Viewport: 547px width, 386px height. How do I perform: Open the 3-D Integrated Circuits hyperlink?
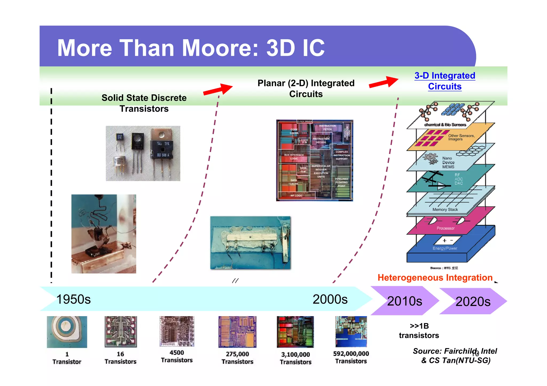pos(445,81)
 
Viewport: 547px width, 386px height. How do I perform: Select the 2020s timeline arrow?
pos(473,301)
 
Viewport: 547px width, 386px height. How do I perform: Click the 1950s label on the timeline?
pos(73,299)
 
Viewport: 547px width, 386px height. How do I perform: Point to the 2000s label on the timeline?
pos(330,299)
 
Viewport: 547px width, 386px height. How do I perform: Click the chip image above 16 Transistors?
pos(121,332)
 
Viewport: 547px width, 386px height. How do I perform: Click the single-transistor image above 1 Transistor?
pos(67,332)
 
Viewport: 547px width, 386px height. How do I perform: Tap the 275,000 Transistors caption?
pos(237,358)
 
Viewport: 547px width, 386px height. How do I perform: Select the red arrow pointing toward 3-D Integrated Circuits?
pos(384,82)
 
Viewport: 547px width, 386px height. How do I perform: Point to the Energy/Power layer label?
pos(445,248)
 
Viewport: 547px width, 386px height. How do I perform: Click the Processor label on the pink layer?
pos(445,228)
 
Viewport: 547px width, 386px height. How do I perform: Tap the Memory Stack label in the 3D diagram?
pos(445,210)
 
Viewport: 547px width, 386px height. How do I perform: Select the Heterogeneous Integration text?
pos(435,278)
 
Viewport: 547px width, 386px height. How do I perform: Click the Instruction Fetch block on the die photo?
pos(327,127)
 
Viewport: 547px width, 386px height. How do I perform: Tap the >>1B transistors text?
pos(419,331)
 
